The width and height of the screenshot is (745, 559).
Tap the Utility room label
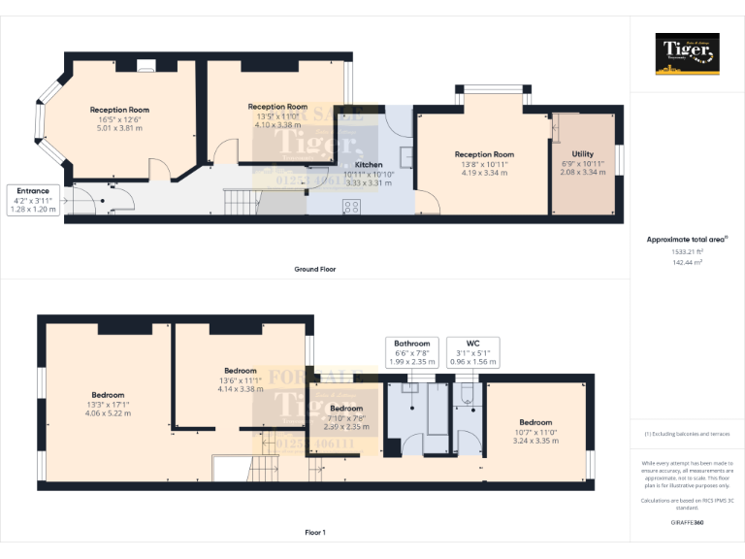(x=582, y=154)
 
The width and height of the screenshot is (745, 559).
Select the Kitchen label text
(x=368, y=165)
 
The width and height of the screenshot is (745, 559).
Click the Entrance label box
(x=33, y=199)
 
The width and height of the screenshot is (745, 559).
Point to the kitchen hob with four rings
(x=351, y=206)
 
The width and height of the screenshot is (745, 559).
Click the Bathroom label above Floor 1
(x=411, y=344)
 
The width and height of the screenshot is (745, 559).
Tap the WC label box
(x=472, y=344)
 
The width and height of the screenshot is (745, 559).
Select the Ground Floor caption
(x=315, y=269)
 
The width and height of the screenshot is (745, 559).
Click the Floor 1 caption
(x=315, y=532)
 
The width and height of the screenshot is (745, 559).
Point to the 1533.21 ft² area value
(x=688, y=250)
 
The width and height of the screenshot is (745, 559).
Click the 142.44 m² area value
(x=688, y=262)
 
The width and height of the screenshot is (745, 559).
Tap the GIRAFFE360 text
(x=688, y=522)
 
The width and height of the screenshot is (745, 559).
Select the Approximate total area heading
(x=686, y=239)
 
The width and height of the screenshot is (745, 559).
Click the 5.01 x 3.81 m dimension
(x=119, y=127)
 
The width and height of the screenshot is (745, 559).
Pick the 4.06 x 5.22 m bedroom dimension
(x=108, y=413)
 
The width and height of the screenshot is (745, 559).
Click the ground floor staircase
(x=242, y=202)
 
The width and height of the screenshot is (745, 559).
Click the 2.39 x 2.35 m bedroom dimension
(x=346, y=426)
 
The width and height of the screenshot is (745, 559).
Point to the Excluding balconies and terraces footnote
(x=688, y=434)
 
